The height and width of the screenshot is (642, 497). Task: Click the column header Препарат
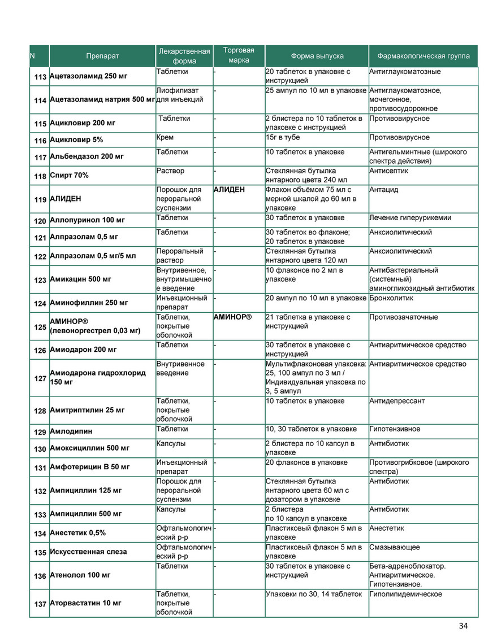point(102,56)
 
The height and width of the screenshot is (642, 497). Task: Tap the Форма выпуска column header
point(317,56)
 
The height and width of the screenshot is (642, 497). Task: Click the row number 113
point(40,76)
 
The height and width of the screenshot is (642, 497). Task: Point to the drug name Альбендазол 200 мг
point(87,156)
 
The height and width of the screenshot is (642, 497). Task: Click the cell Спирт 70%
point(69,176)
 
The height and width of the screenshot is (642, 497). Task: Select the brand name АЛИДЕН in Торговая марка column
point(229,190)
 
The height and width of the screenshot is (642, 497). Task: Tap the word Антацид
point(383,190)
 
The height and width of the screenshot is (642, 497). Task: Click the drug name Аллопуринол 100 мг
point(88,220)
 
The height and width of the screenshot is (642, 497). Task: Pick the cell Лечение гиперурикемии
point(410,218)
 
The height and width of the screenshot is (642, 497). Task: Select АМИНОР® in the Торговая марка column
point(232,317)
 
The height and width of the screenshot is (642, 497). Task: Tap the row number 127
point(40,378)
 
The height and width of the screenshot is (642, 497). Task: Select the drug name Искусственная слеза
point(88,552)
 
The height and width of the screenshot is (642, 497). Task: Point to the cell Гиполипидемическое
point(405,594)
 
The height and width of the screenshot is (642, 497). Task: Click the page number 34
point(464,626)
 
